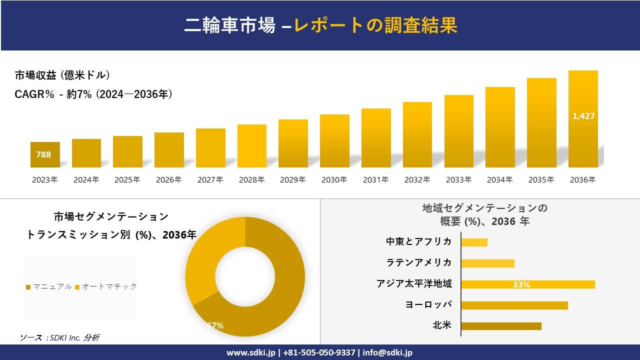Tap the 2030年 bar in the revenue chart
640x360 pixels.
(334, 141)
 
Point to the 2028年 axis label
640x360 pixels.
(251, 179)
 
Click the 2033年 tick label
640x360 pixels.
(458, 179)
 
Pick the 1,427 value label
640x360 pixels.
(583, 116)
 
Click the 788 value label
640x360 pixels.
(43, 154)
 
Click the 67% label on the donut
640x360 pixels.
(215, 325)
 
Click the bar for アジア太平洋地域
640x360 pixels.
(528, 284)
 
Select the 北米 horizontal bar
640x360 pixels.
(501, 326)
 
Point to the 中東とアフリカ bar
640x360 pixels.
(474, 242)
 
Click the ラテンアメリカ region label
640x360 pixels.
(418, 262)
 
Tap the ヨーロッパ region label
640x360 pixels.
(428, 304)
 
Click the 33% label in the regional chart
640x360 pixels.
(521, 284)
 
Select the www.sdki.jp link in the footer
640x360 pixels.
(250, 352)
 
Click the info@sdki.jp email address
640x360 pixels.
(388, 352)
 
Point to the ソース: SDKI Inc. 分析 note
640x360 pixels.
(59, 338)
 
